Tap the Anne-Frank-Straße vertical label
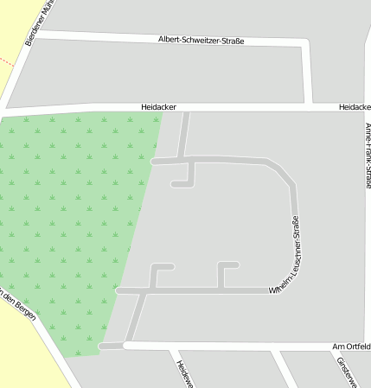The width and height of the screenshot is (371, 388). point(368,156)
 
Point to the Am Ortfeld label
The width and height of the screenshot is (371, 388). point(351,347)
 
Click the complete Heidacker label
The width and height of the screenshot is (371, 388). point(158,107)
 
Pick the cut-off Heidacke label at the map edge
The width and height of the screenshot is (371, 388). point(355,107)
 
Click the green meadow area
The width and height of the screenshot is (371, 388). point(69,225)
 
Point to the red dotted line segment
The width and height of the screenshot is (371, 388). point(7,62)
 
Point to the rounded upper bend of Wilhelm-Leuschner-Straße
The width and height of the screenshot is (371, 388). point(284,172)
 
